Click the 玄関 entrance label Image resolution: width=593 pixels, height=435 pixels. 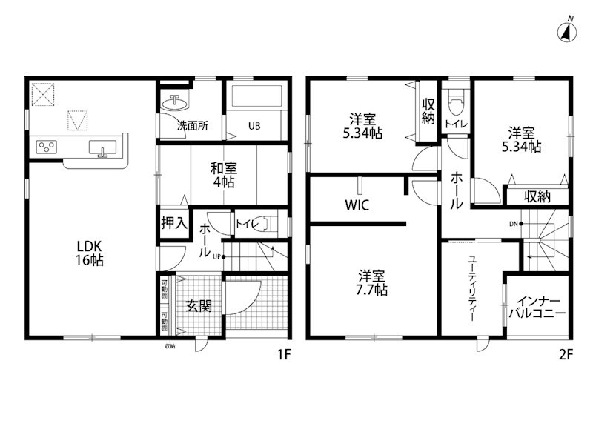tap(199, 305)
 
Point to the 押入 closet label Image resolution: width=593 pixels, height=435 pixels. tap(173, 222)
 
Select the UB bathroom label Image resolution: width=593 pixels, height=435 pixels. tap(254, 126)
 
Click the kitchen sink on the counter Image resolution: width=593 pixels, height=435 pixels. tap(101, 150)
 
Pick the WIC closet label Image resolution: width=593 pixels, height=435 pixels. tap(357, 205)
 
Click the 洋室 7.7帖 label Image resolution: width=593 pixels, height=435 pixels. tap(368, 282)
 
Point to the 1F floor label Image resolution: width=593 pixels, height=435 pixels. tap(282, 354)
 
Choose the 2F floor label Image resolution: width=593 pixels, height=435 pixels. tap(566, 354)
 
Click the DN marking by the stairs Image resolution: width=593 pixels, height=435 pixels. tap(513, 223)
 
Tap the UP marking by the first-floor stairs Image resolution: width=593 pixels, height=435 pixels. tap(216, 257)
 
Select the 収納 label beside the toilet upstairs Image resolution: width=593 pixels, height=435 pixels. tap(428, 111)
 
